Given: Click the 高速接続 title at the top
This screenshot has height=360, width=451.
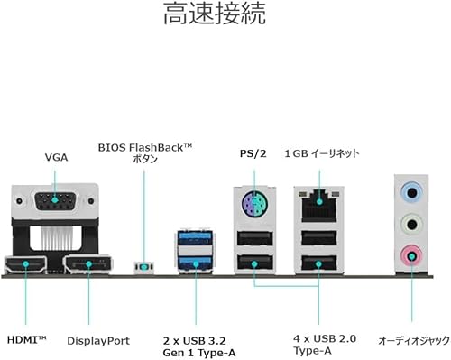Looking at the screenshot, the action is click(x=215, y=14).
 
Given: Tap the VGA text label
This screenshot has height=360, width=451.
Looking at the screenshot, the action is click(x=56, y=157).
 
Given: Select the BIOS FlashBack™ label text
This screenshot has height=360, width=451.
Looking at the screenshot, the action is click(x=145, y=148).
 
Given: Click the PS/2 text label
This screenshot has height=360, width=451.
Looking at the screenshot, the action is click(x=253, y=153).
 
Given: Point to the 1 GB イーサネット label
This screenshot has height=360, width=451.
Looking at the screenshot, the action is click(x=322, y=153).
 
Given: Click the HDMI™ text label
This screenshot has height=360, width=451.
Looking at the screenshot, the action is click(x=27, y=340).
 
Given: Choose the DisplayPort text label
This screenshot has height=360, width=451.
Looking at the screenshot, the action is click(x=98, y=341).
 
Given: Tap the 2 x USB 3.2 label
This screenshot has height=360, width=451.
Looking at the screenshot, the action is click(x=194, y=341).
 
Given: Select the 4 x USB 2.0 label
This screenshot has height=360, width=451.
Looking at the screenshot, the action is click(x=325, y=338).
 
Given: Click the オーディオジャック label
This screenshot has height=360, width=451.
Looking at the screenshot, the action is click(x=414, y=341).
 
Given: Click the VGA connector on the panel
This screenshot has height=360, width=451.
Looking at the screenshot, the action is click(x=55, y=200).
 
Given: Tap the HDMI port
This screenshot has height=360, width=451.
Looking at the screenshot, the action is click(x=25, y=264).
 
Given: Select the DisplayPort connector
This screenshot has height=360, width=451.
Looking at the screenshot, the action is click(x=88, y=264).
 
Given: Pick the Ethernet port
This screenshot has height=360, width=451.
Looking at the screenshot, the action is click(x=319, y=205).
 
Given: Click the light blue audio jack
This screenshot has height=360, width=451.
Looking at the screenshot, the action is click(x=411, y=191).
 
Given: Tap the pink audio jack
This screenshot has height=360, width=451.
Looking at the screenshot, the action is click(x=411, y=256).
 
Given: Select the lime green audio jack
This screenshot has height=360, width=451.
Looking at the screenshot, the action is click(x=411, y=224).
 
